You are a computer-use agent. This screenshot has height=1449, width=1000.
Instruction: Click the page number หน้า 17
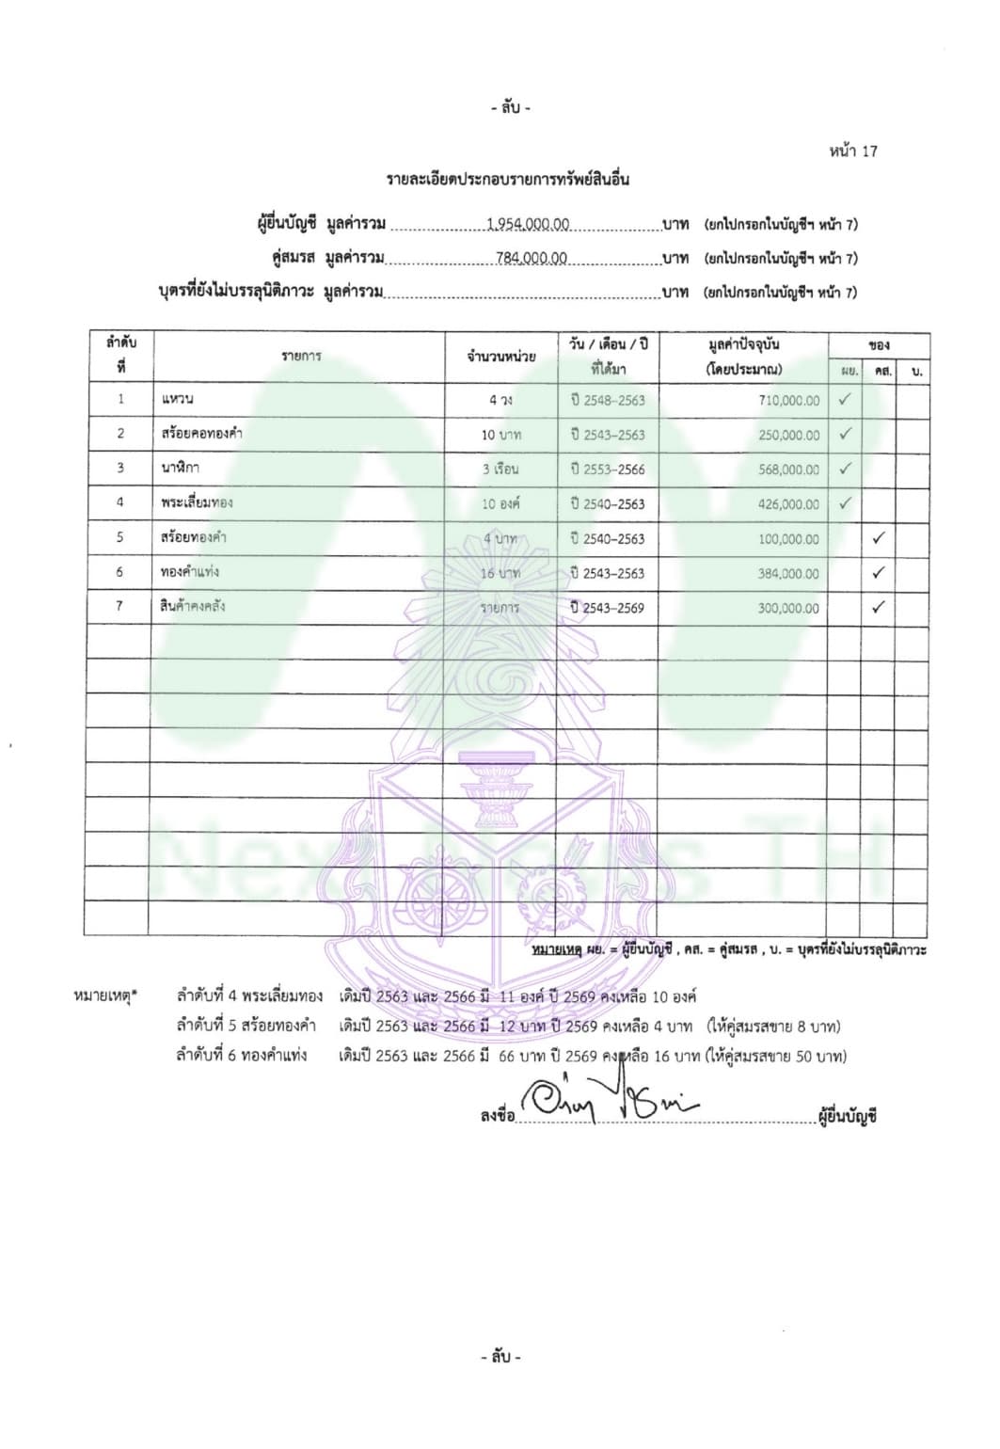[854, 151]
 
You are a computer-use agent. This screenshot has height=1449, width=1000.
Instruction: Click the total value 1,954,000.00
[528, 225]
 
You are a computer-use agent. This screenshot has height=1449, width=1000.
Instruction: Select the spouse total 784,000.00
[532, 259]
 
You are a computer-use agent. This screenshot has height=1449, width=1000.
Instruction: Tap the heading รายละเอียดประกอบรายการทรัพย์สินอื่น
[508, 180]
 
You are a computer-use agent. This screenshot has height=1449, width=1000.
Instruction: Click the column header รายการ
[301, 356]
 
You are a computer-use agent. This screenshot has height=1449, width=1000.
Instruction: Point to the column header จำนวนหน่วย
[501, 357]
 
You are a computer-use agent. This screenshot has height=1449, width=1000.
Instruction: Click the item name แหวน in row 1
[178, 399]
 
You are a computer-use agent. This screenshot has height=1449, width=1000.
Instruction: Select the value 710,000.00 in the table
[788, 401]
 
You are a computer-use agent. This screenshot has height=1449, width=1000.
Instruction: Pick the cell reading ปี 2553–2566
[608, 470]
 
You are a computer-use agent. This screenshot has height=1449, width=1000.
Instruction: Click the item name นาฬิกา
[181, 468]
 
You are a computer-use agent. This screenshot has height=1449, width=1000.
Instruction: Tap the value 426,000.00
[788, 504]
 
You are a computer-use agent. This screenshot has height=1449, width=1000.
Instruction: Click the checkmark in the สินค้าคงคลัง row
[878, 608]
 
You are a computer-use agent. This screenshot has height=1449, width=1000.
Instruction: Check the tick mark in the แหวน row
[845, 399]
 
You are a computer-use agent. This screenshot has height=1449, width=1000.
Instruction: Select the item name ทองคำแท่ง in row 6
[190, 572]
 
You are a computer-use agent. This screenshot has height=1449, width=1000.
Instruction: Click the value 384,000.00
[788, 574]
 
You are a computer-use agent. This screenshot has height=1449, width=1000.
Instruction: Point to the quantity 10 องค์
[500, 504]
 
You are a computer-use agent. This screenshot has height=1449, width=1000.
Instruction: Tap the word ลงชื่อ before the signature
[498, 1117]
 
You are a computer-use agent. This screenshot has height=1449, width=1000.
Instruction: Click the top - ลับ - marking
[511, 108]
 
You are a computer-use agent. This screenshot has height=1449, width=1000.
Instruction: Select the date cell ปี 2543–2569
[608, 609]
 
